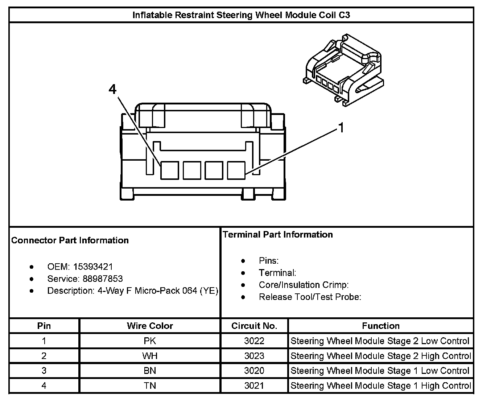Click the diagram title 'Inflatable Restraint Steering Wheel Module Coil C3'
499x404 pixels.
coord(241,15)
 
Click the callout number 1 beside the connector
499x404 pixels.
coord(341,128)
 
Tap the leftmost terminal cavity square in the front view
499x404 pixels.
coord(170,170)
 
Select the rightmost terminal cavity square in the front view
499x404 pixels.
coord(236,170)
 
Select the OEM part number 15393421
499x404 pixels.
coord(93,267)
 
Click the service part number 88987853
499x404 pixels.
coord(103,279)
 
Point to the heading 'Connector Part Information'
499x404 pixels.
coord(70,240)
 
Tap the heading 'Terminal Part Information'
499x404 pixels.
coord(278,235)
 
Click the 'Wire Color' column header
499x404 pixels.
coord(150,326)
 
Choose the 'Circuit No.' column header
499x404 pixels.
coord(254,326)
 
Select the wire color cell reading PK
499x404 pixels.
coord(150,341)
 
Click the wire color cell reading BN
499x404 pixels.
coord(150,371)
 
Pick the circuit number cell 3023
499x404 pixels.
coord(254,356)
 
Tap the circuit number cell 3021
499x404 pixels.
coord(254,386)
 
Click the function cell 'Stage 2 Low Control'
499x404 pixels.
coord(380,341)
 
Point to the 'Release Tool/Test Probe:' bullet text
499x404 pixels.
coord(310,297)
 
